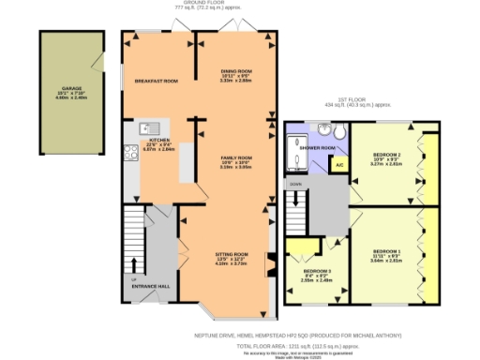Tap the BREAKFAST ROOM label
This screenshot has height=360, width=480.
157,81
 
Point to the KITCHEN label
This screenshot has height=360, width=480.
157,140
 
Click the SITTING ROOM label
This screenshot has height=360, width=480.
230,254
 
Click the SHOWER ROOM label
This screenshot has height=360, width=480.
317,148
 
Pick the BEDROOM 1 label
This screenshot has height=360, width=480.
386,251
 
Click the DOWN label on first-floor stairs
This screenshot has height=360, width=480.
296,185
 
